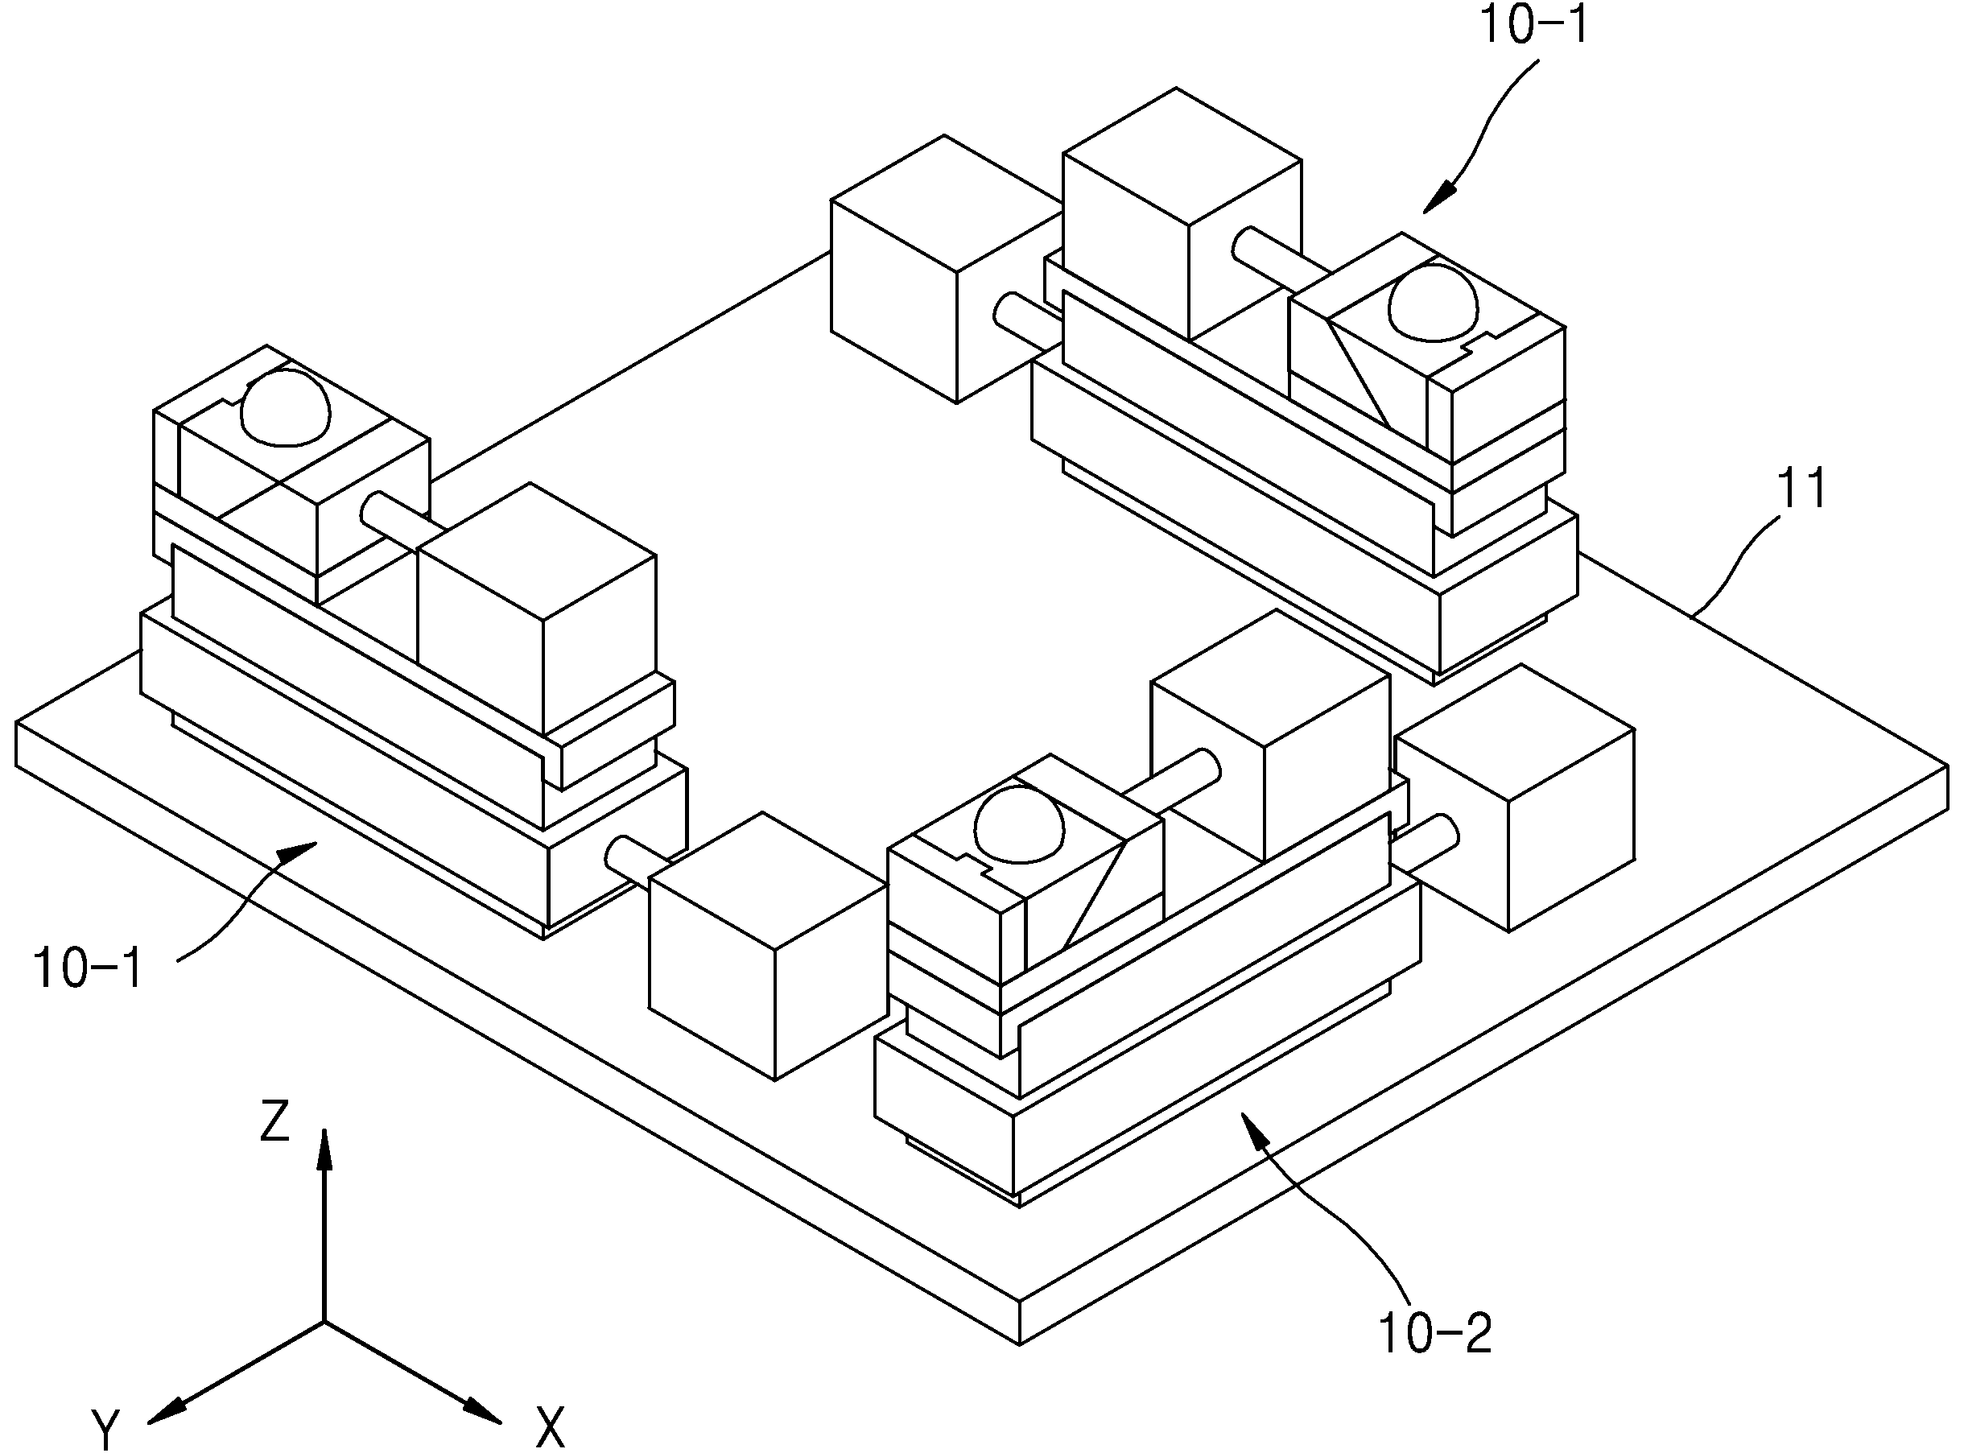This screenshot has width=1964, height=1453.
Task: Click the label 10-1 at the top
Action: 1535,25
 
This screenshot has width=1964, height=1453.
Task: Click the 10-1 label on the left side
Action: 88,968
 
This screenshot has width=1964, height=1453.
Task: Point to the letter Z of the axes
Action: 275,1121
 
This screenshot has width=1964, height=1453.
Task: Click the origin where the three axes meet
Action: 324,1321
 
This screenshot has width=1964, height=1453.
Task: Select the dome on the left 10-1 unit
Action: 286,406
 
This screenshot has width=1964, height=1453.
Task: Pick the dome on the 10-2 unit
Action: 1021,824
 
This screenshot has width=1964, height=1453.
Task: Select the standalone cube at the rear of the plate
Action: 946,268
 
